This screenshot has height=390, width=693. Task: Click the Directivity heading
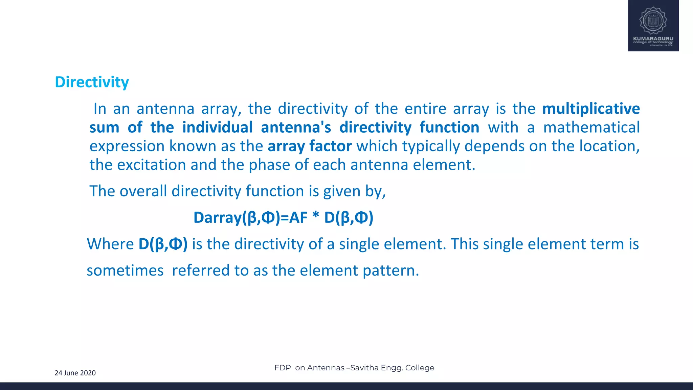[x=92, y=82]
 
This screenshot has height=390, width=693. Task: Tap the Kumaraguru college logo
[x=653, y=26]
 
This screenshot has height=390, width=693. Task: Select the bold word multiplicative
[x=591, y=109]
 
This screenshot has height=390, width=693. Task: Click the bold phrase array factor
[x=310, y=146]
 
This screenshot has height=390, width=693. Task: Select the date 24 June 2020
[x=75, y=373]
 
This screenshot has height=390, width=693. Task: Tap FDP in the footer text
[x=283, y=368]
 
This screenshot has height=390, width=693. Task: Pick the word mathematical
[x=591, y=128]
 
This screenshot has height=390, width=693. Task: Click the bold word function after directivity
[x=449, y=128]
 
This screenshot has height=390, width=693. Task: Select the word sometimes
[x=125, y=270]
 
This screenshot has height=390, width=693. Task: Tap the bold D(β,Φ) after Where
[x=163, y=244]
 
